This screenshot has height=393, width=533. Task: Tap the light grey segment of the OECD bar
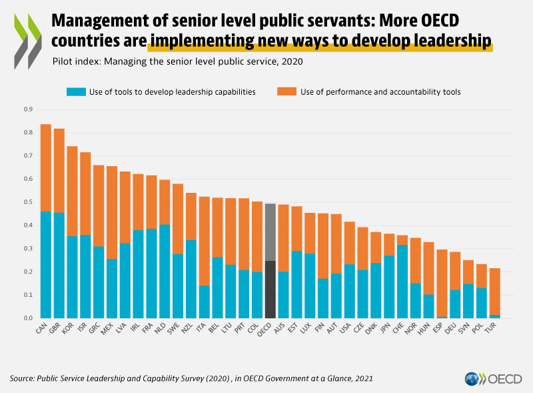pos(270,232)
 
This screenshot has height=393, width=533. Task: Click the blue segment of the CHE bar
pos(402,281)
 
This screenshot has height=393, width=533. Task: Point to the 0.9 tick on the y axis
pos(27,109)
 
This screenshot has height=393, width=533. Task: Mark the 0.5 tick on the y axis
pos(27,202)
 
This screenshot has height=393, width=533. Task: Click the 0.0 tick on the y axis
pos(27,318)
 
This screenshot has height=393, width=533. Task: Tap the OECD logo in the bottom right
pos(494,378)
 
